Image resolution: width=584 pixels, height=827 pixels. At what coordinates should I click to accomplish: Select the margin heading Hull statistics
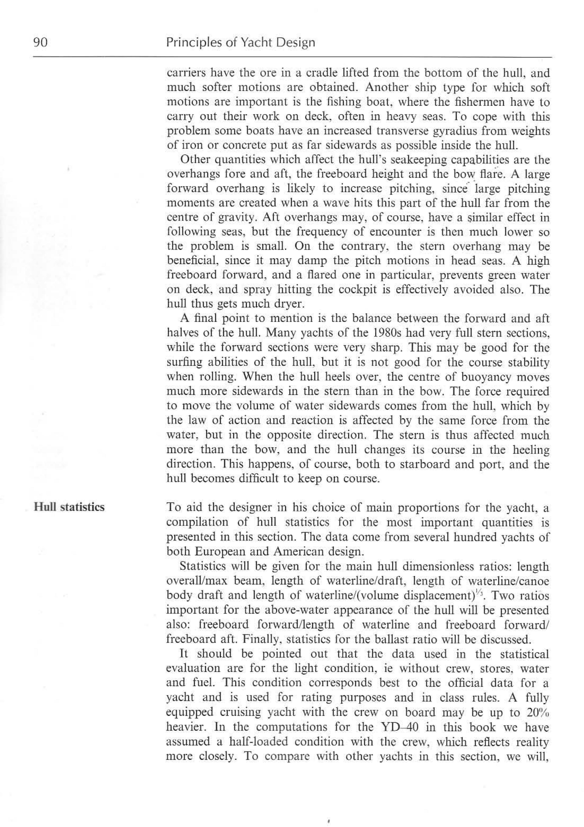[x=69, y=507]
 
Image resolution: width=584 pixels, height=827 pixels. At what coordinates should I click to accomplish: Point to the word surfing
[x=184, y=362]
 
